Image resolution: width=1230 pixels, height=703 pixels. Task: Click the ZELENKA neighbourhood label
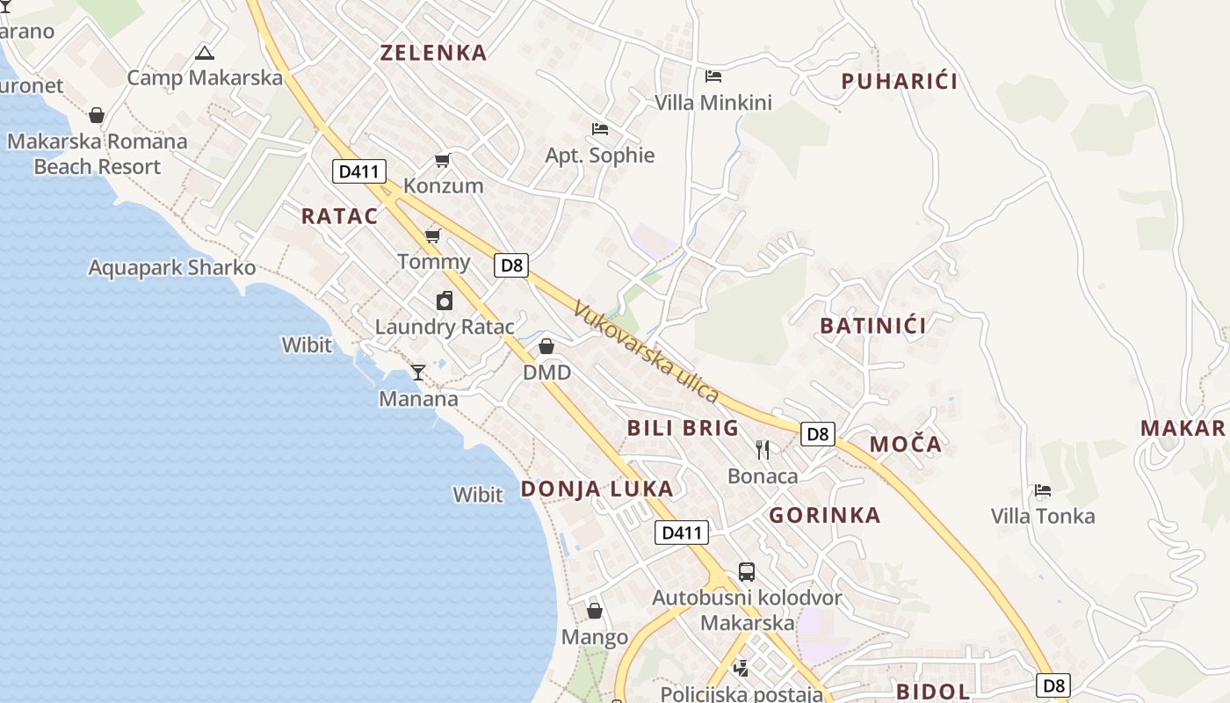coord(433,53)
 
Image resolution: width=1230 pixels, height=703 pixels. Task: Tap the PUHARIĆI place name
coord(899,82)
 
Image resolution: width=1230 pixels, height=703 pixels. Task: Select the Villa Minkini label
coord(713,103)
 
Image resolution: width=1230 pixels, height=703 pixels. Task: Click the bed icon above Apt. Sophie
coord(600,129)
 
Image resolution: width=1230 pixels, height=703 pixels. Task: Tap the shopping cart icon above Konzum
coord(443,160)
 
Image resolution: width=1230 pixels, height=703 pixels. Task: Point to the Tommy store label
coord(434,262)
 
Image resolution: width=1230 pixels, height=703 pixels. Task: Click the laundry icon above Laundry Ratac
coord(445,301)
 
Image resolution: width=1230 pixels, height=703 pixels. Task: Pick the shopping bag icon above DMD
coord(546,346)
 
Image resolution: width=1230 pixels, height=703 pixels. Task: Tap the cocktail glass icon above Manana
coord(418,373)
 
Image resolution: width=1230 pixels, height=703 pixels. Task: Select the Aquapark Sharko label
coord(172,268)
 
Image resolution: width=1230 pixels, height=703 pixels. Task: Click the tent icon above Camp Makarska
coord(205,53)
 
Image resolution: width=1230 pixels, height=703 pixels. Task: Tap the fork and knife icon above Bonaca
coord(763,450)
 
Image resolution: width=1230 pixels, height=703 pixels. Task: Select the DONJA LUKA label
coord(597,489)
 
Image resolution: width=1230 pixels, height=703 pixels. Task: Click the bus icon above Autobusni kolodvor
coord(746,572)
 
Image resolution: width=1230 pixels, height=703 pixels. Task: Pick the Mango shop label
coord(595,637)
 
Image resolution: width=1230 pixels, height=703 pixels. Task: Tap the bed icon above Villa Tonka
coord(1043,489)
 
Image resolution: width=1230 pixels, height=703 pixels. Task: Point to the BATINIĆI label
coord(873,326)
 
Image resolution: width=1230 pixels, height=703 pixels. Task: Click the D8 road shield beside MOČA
coord(818,433)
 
